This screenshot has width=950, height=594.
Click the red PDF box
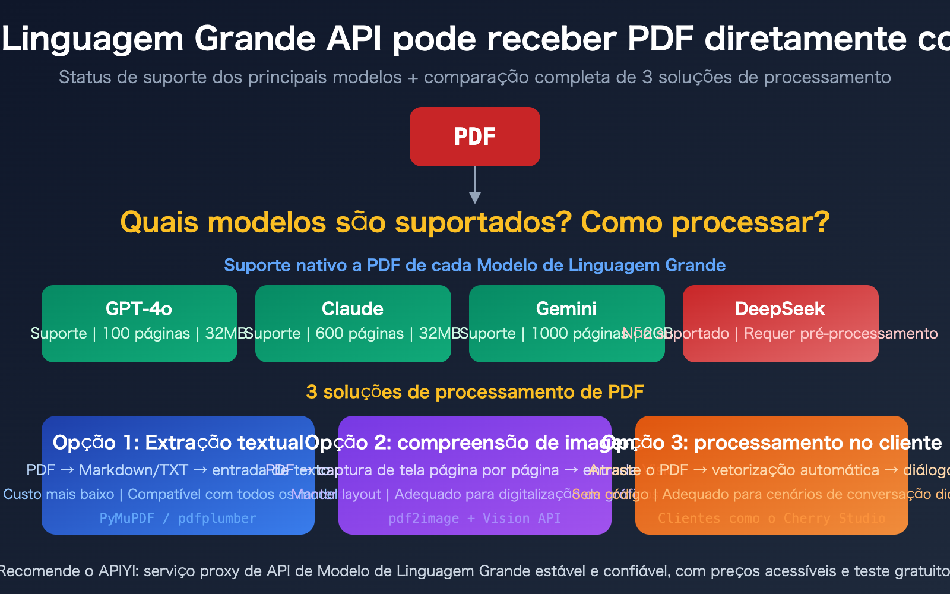click(x=474, y=137)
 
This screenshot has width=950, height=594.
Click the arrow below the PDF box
click(x=474, y=186)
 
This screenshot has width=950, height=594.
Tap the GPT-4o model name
click(x=139, y=309)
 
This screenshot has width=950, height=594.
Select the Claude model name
click(x=353, y=309)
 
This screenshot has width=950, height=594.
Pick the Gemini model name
click(x=566, y=309)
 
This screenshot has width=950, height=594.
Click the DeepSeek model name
click(x=780, y=309)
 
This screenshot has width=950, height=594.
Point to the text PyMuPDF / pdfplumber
click(x=178, y=519)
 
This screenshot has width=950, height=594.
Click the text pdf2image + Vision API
click(x=474, y=519)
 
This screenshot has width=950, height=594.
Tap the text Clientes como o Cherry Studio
click(x=771, y=519)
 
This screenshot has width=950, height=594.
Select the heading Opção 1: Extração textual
click(x=178, y=443)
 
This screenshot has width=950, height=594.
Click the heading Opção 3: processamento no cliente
click(x=772, y=443)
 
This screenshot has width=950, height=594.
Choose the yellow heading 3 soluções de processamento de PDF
click(x=474, y=392)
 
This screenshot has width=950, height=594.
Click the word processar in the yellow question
click(x=750, y=223)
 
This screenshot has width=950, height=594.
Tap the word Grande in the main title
click(x=256, y=39)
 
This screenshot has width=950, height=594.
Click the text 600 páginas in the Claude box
click(x=359, y=334)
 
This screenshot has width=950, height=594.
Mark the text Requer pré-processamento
click(x=841, y=334)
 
